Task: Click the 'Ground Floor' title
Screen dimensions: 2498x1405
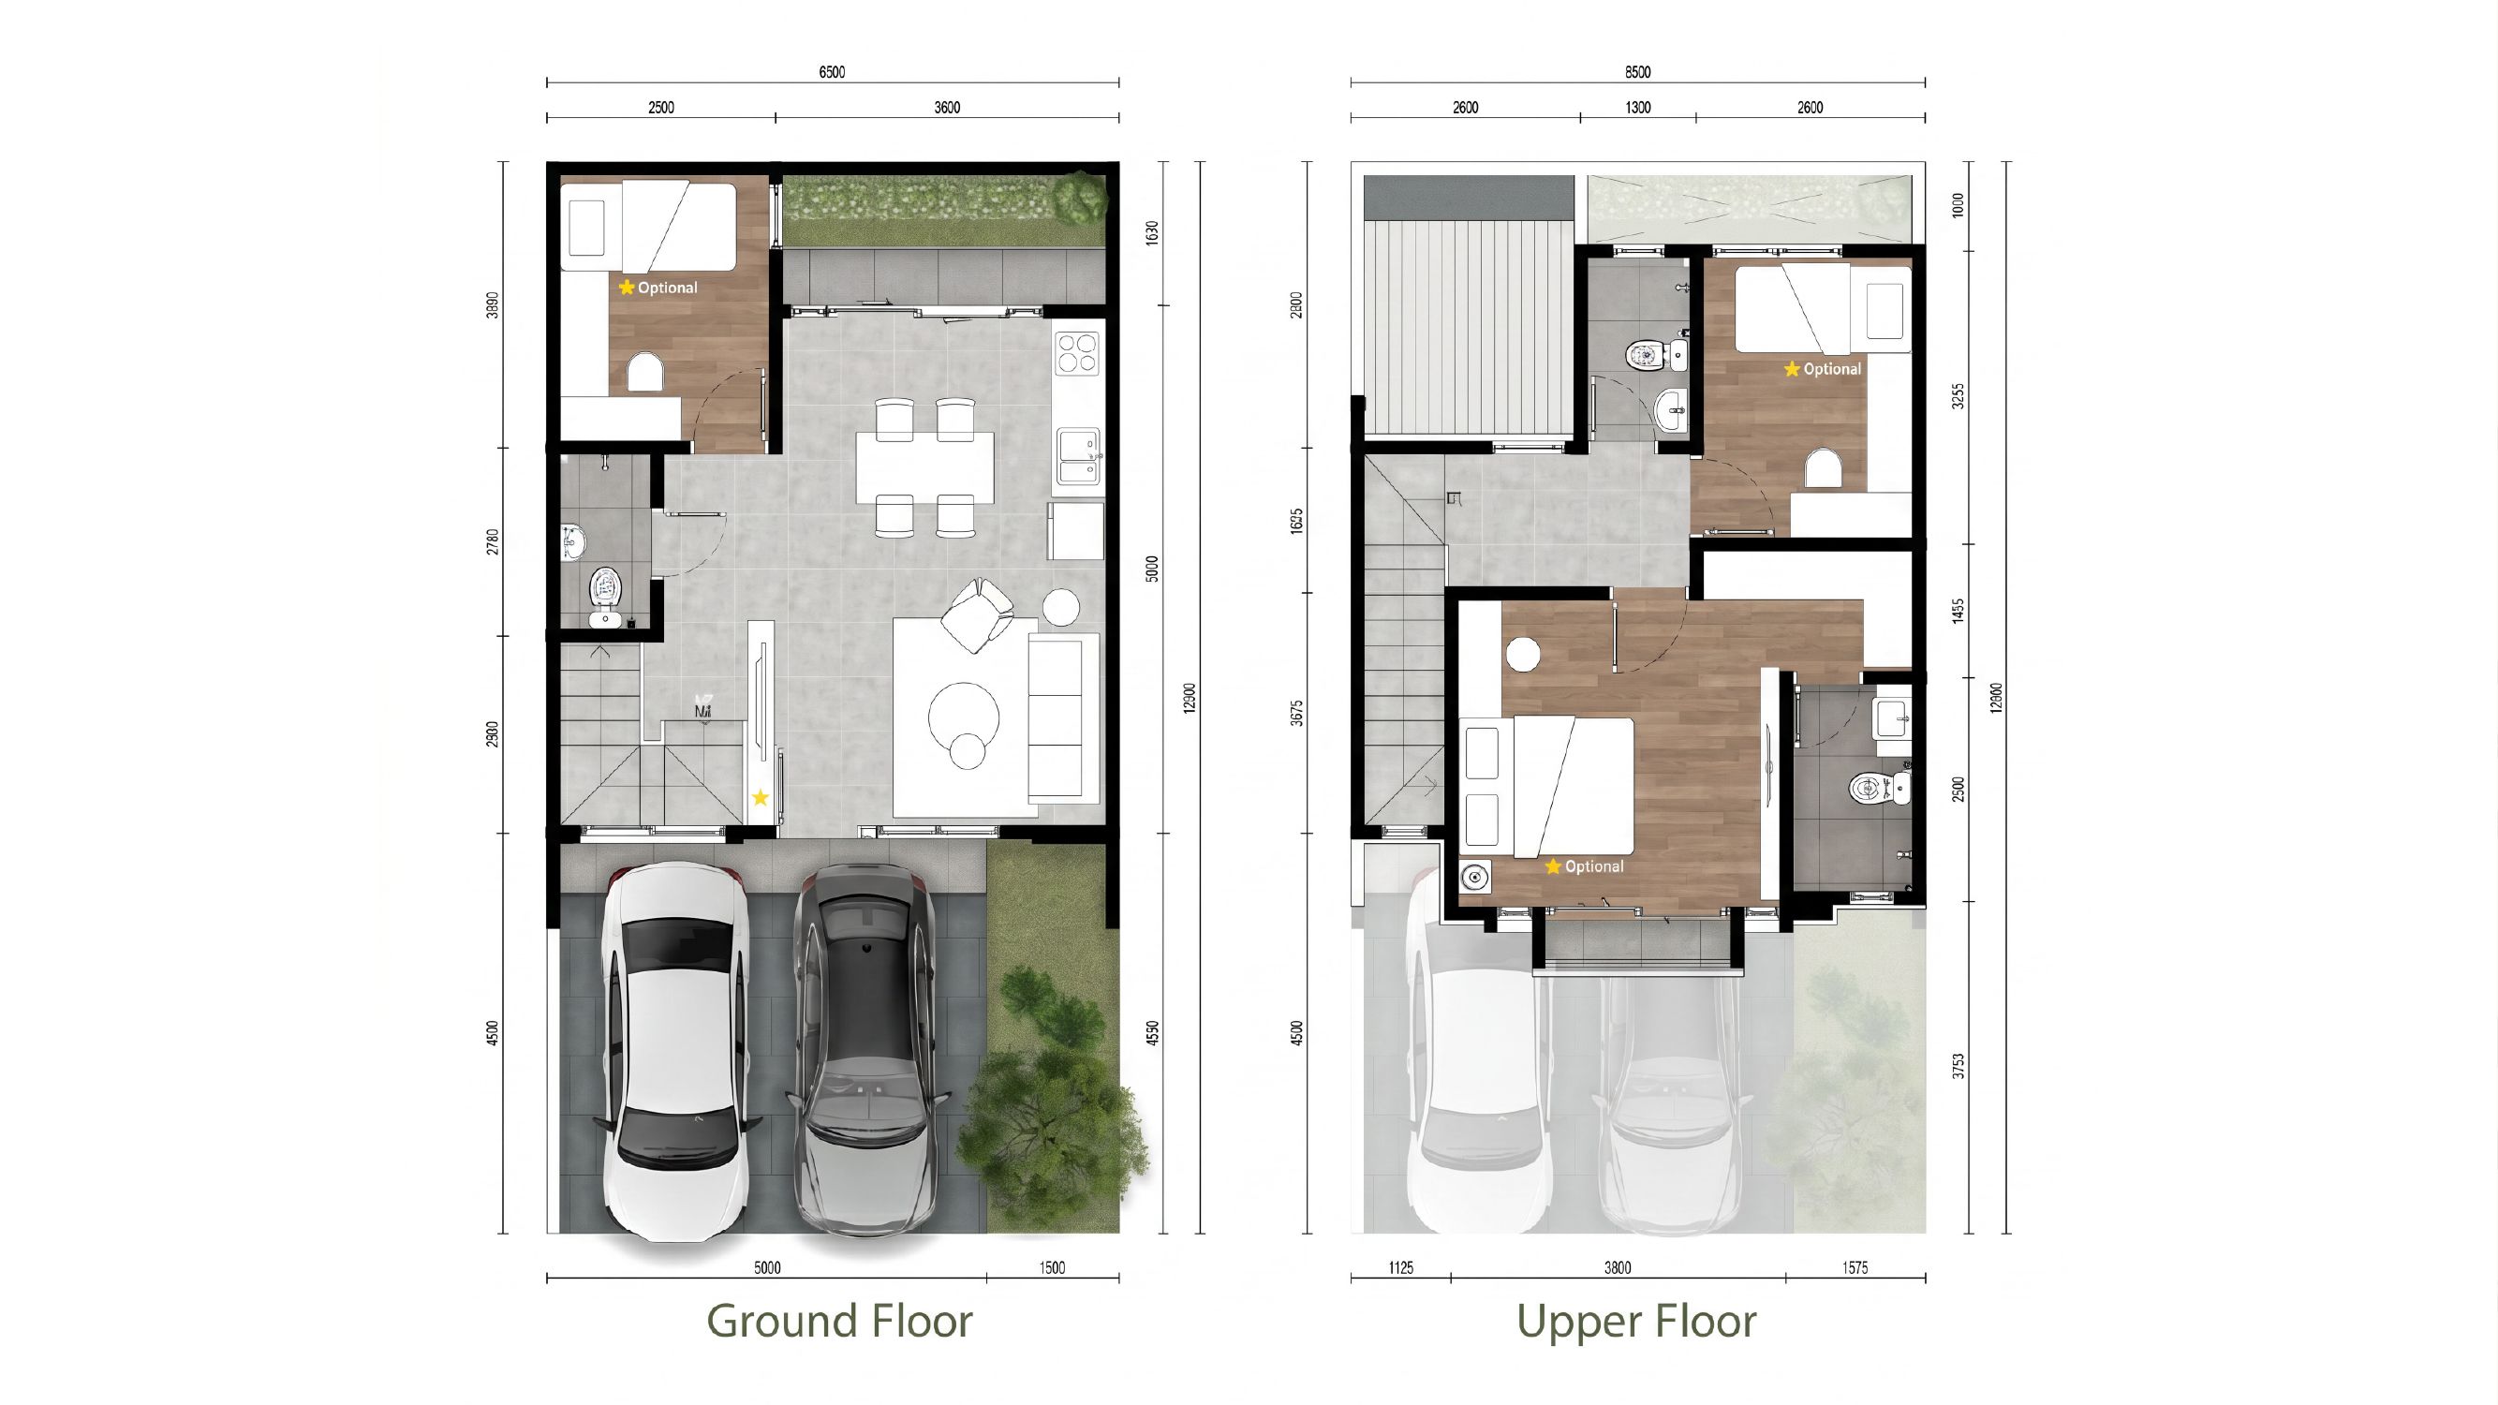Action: click(x=839, y=1321)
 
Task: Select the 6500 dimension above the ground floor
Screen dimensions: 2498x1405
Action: click(x=832, y=72)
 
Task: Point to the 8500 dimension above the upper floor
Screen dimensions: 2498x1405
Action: click(x=1638, y=72)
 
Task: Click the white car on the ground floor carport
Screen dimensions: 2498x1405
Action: click(x=676, y=1053)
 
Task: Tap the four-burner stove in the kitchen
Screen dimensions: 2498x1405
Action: click(x=1077, y=353)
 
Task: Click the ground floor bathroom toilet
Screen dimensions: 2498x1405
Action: click(x=606, y=595)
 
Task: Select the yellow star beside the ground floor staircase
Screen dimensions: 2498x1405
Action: click(x=761, y=798)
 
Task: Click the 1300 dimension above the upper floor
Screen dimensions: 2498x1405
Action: click(x=1638, y=108)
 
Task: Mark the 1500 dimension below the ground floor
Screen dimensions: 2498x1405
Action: click(x=1052, y=1267)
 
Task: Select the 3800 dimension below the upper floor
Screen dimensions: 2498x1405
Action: click(x=1618, y=1267)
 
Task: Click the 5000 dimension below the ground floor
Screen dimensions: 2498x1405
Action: click(x=767, y=1267)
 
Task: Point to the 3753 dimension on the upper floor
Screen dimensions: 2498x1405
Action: click(x=1958, y=1067)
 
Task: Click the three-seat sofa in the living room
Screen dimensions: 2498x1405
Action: click(x=1063, y=717)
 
